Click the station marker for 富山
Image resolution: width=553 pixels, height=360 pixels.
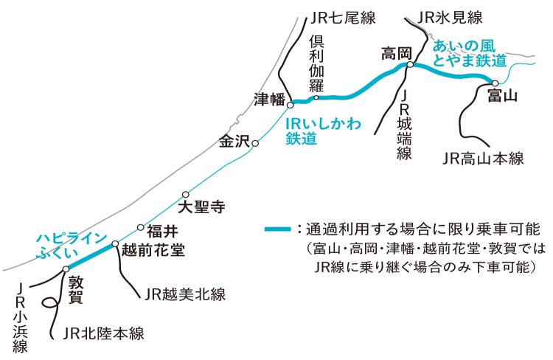click(x=495, y=83)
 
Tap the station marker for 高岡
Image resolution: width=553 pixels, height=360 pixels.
click(x=410, y=65)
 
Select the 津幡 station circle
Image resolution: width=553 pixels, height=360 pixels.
click(x=291, y=103)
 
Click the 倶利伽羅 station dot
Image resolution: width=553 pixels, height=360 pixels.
click(x=316, y=97)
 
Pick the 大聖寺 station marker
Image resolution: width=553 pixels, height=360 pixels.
click(x=186, y=195)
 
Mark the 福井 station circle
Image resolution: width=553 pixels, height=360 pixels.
click(x=141, y=227)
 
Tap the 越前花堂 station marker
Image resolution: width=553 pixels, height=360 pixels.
click(x=115, y=243)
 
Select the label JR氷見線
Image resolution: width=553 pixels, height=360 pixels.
click(x=449, y=16)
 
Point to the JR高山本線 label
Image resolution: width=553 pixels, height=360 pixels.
click(x=483, y=158)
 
